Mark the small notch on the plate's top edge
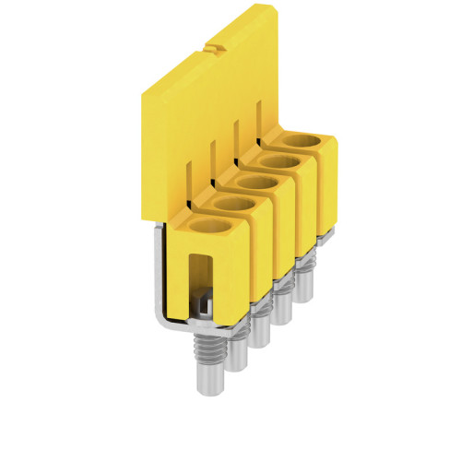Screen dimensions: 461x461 point(214,45)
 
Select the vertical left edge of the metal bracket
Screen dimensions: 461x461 point(152,277)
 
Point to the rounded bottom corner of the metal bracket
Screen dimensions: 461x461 point(157,322)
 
